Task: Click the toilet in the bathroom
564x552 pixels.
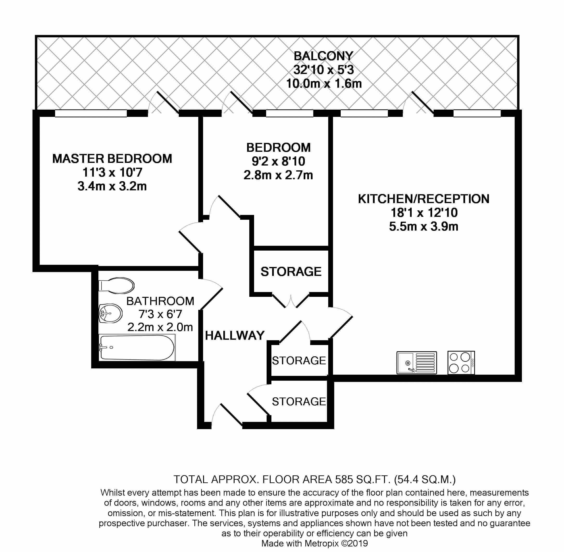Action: pos(116,285)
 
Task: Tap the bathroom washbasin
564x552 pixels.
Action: pos(110,313)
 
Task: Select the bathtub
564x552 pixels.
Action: pos(137,348)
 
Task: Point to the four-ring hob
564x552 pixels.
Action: pos(461,362)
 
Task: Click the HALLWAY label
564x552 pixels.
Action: pos(235,335)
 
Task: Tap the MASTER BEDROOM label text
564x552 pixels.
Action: pos(112,159)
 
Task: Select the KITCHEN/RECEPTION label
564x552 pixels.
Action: pos(423,199)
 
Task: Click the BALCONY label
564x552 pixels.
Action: pos(324,56)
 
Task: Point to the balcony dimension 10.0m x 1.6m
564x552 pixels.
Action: pos(324,84)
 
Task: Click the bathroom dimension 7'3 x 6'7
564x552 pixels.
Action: pos(160,314)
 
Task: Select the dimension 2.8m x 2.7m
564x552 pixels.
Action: pos(278,175)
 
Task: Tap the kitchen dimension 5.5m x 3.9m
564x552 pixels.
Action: pos(423,226)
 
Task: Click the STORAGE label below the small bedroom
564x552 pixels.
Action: pos(291,272)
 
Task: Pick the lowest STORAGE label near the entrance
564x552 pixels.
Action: pos(299,402)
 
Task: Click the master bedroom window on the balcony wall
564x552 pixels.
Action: pos(91,113)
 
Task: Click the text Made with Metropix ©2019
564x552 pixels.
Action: pos(314,543)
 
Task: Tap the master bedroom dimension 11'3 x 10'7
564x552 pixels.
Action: pos(112,173)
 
